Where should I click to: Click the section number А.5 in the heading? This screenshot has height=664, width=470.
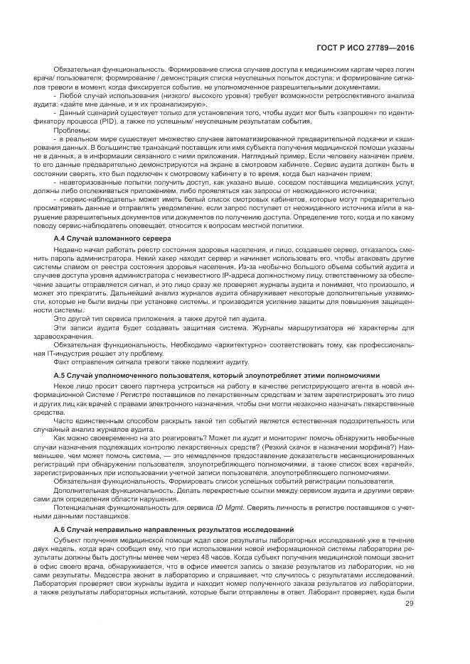(x=60, y=375)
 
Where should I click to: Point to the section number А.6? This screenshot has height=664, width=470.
(x=60, y=530)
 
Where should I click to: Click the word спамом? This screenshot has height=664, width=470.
(x=76, y=266)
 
